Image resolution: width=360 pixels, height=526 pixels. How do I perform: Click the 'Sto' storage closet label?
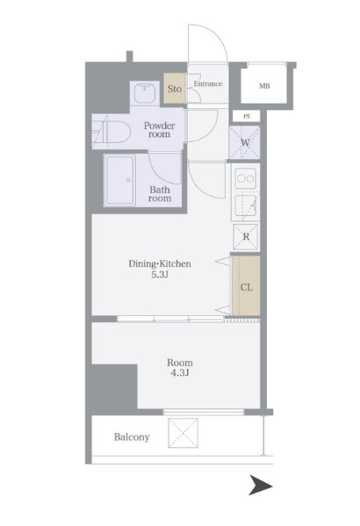[175, 89]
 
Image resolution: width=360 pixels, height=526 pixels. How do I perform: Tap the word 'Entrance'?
[208, 83]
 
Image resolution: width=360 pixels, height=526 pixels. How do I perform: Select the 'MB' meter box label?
[264, 86]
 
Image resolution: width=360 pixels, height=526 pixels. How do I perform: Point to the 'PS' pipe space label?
[247, 117]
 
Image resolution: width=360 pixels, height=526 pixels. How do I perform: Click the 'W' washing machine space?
[245, 142]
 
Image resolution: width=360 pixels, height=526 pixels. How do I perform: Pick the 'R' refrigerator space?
[246, 236]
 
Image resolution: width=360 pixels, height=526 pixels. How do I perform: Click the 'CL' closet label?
[247, 287]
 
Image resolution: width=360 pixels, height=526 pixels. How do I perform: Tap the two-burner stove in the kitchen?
[246, 178]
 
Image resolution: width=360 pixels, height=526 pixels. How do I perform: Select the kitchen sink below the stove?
[246, 205]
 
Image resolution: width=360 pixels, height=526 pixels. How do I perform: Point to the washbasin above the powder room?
[145, 93]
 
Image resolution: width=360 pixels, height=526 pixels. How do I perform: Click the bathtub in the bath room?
[119, 181]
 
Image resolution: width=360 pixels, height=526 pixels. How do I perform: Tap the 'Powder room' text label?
[160, 130]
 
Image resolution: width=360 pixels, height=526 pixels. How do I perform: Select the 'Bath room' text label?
[160, 194]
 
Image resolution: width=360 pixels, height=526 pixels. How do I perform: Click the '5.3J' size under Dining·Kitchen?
[160, 275]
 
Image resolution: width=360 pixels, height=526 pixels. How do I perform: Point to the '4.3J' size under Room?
[180, 372]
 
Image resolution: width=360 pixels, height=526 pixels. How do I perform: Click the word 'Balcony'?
[132, 437]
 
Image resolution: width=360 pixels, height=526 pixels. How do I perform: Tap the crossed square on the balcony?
[183, 433]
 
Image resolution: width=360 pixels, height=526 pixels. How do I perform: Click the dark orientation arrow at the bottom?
[261, 485]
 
